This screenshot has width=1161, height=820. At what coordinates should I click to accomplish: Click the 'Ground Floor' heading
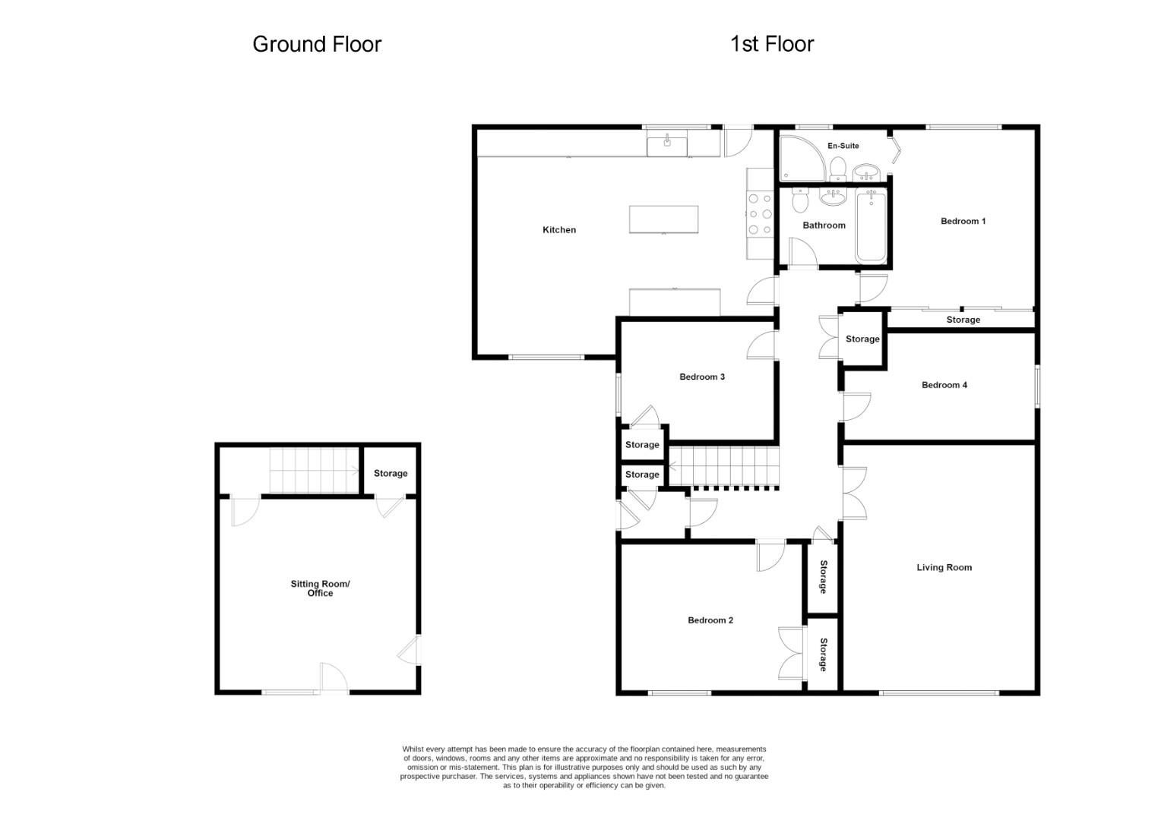tap(316, 44)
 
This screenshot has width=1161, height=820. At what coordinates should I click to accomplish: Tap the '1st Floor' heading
tap(771, 44)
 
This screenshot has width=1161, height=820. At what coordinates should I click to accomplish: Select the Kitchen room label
tap(558, 229)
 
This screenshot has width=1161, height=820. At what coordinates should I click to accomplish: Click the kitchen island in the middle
tap(663, 219)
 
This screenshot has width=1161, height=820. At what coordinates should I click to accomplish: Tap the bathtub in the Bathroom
tap(871, 225)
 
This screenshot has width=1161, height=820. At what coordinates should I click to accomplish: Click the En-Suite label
tap(843, 145)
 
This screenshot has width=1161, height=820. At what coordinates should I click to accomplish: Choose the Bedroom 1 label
tap(963, 221)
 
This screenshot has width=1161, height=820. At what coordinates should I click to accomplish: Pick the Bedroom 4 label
tap(944, 385)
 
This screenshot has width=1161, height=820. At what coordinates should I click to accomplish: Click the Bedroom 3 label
tap(701, 377)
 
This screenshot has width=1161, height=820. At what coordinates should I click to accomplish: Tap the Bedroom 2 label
tap(710, 620)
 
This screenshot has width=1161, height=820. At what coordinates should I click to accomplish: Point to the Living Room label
tap(944, 567)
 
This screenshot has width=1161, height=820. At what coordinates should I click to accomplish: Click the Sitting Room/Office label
tap(320, 588)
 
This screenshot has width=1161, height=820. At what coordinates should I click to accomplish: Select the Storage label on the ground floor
tap(390, 473)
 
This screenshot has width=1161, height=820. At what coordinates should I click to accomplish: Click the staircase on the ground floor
tap(314, 470)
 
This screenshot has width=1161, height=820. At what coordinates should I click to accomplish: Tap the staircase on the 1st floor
tap(723, 465)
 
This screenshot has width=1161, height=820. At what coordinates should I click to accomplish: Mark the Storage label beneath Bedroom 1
tap(963, 320)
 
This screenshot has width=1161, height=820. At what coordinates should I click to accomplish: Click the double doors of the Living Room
tap(854, 494)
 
